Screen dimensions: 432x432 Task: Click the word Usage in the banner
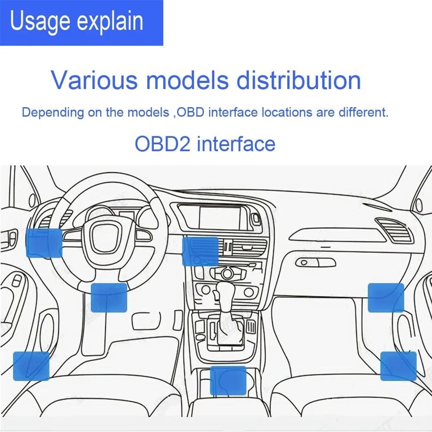coord(40,22)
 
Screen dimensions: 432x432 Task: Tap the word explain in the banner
coord(110,22)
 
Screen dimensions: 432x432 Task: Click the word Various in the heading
coord(95,80)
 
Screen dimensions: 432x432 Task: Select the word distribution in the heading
coord(299,80)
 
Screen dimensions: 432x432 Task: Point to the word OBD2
coord(162,144)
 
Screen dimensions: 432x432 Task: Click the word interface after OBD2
coord(236,144)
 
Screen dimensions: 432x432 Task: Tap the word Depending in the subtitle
coord(53,113)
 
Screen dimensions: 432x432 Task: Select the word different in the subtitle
coord(363,112)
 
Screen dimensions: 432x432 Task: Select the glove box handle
coord(315,262)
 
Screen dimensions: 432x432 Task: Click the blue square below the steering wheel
coord(109,298)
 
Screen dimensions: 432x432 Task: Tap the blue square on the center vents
coord(200,251)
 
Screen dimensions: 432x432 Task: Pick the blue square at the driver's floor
coord(31,366)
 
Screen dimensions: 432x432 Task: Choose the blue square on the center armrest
coord(228,381)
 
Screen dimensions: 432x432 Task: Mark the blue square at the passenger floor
coord(398,366)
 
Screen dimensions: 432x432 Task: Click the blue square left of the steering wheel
coord(44,243)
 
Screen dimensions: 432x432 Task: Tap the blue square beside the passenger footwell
coord(386,298)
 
